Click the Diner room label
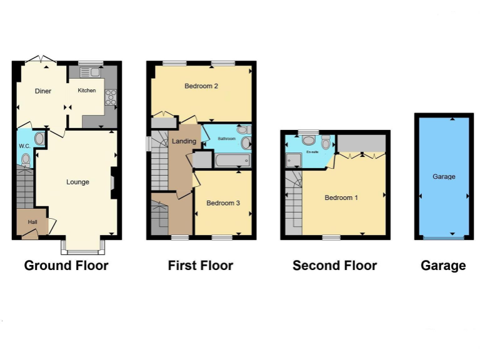(43, 91)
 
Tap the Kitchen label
(87, 91)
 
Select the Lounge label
(78, 182)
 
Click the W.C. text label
(24, 146)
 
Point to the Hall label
(31, 221)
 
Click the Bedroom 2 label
(201, 86)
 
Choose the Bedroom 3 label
(223, 203)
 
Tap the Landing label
(184, 141)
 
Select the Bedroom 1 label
(341, 198)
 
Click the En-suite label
(311, 152)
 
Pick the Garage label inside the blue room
(444, 177)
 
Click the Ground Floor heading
(66, 266)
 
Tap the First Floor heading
(201, 266)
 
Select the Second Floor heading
(334, 266)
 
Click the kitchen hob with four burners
(111, 97)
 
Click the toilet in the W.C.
(26, 159)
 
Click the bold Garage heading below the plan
(443, 266)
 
